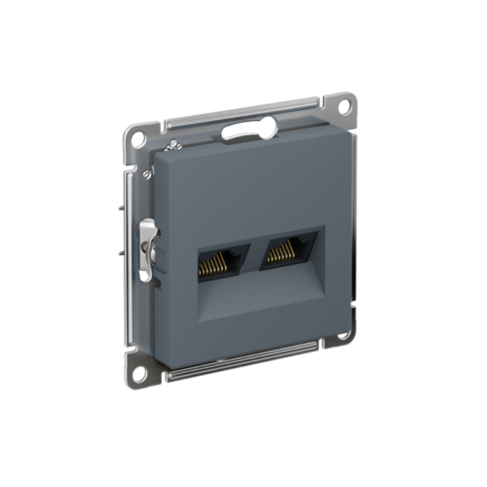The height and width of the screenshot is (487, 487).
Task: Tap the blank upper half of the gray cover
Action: pos(243,185)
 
